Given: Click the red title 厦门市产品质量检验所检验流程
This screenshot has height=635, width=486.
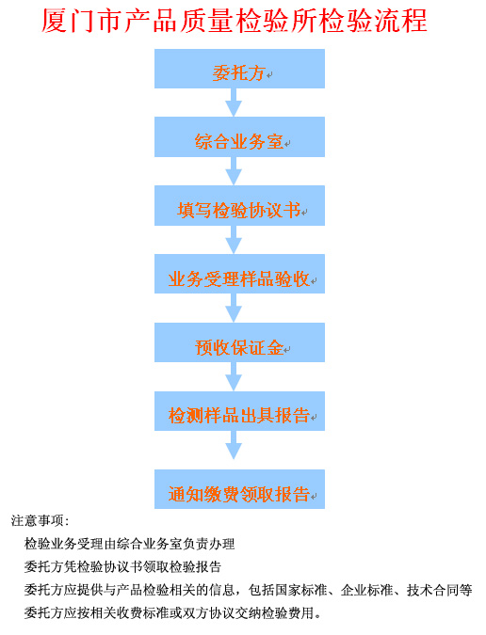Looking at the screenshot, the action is click(235, 21).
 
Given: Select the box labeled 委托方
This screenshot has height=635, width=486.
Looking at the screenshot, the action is click(239, 69).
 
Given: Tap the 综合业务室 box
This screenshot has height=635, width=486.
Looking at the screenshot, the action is click(239, 137).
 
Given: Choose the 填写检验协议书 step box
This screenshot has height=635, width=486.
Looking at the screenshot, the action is click(239, 205).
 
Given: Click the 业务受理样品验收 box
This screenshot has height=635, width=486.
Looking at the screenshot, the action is click(239, 274).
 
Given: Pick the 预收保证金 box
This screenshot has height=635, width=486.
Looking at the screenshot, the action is click(239, 342).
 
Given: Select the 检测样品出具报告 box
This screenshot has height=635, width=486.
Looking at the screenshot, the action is click(239, 411).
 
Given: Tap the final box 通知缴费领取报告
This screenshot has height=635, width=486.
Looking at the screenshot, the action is click(239, 489).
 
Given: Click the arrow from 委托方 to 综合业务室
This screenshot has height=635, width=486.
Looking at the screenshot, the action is click(234, 103).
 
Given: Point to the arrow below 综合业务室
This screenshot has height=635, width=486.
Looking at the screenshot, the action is click(234, 171).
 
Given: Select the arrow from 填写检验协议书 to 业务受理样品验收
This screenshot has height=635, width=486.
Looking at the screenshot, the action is click(234, 240).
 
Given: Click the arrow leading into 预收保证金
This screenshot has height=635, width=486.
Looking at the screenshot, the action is click(234, 308).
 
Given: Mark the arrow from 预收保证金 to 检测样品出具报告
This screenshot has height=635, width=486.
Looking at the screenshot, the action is click(234, 376).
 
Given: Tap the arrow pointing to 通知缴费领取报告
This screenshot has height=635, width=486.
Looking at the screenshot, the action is click(234, 445).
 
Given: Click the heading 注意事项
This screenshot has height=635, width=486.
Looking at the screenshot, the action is click(40, 520).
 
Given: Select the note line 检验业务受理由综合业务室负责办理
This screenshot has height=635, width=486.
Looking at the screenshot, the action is click(130, 544).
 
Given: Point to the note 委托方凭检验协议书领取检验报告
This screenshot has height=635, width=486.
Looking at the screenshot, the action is click(122, 566).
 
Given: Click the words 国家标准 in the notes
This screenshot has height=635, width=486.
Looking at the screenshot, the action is click(300, 590).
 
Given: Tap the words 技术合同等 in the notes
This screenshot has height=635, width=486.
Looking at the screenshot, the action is click(440, 590).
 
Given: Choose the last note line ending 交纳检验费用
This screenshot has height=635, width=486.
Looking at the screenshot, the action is click(172, 613).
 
